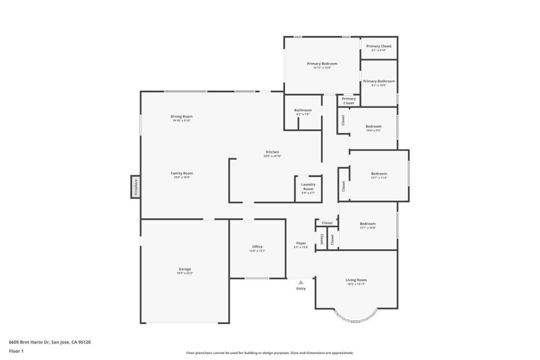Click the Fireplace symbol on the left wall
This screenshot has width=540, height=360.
click(x=136, y=187)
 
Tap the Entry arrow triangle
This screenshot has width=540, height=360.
click(x=301, y=283)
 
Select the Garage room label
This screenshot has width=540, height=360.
click(x=185, y=269)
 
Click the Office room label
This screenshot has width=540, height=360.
click(x=257, y=247)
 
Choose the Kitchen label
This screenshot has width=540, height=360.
click(x=272, y=152)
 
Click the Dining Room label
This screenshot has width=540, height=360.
click(x=181, y=116)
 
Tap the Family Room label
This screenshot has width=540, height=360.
click(x=181, y=173)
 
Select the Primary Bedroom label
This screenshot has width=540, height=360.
click(x=322, y=64)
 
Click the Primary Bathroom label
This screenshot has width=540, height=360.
click(x=379, y=81)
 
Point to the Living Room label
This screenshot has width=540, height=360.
click(x=356, y=280)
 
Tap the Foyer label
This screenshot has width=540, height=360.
click(x=301, y=243)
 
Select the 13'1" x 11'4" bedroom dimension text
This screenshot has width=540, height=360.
click(x=379, y=178)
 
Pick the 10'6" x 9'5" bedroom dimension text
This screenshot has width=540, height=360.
click(x=373, y=131)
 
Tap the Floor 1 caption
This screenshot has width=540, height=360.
click(x=16, y=351)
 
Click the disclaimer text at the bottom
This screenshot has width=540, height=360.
click(x=269, y=353)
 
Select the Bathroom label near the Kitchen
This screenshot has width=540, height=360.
click(x=303, y=110)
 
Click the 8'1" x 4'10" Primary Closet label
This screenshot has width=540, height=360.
click(x=379, y=51)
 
